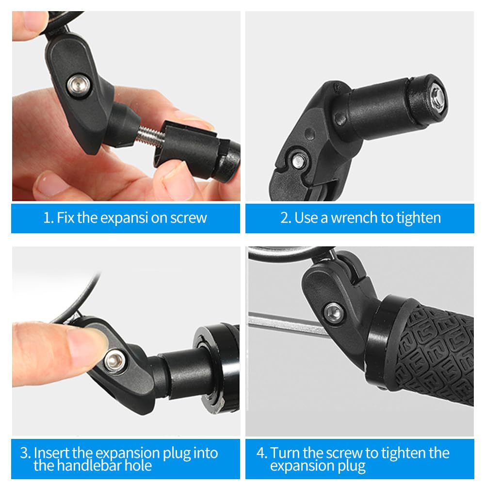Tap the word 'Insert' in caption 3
pos(52,453)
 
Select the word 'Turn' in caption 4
pos(286,453)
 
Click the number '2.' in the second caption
pos(286,218)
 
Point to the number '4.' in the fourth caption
pos(261,453)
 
